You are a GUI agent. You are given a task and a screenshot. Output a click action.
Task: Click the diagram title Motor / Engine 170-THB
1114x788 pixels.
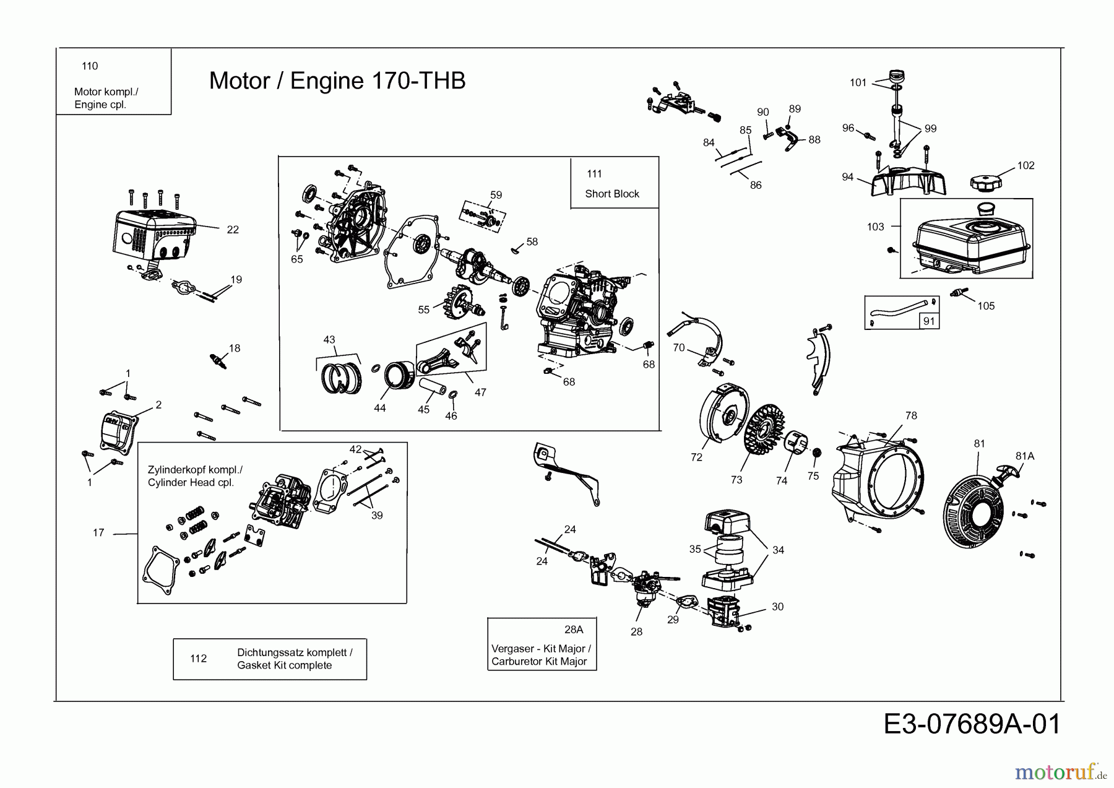(337, 80)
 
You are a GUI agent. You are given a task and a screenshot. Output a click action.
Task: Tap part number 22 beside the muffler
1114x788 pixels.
(233, 230)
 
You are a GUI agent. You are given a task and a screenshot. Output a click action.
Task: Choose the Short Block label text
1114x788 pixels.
(611, 194)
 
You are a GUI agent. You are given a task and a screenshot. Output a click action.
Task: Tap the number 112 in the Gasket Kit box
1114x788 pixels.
(199, 659)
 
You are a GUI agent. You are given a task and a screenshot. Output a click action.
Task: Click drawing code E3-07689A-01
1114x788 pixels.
(972, 724)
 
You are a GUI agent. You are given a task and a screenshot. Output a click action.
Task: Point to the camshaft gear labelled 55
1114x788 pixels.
(457, 306)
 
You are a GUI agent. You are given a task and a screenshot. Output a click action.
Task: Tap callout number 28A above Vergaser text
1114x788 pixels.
(574, 630)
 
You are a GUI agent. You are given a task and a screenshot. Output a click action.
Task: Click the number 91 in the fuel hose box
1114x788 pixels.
(929, 321)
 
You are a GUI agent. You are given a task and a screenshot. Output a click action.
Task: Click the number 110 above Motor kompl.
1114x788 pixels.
(90, 66)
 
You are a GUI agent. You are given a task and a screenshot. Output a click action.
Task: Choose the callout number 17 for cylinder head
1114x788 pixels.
(98, 532)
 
